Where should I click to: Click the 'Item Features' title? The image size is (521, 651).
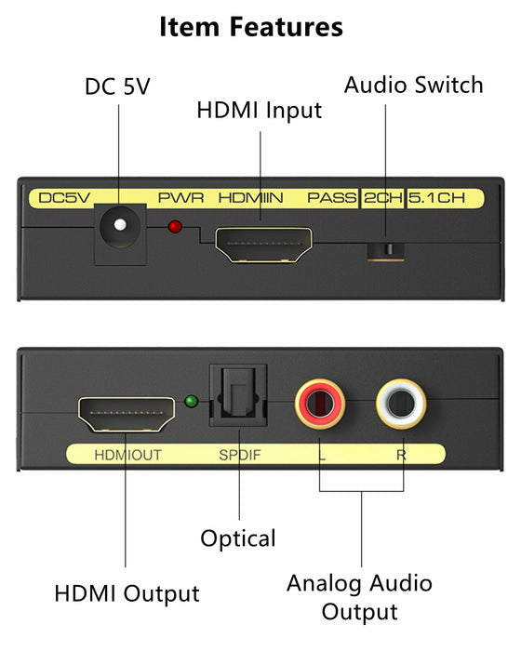[x=251, y=27]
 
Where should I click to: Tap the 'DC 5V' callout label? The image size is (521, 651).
[x=117, y=86]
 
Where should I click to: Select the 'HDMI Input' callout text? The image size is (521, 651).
[x=260, y=111]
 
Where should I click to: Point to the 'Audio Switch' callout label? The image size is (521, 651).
[x=413, y=86]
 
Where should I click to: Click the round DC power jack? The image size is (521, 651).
[x=120, y=225]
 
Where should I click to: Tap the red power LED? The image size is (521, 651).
[x=175, y=227]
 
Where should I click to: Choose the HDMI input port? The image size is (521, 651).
[x=263, y=245]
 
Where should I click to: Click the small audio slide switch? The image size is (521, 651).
[x=385, y=250]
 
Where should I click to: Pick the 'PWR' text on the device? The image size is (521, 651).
[x=180, y=198]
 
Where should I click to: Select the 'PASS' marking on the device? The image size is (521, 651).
[x=331, y=198]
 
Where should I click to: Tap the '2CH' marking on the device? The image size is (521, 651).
[x=383, y=198]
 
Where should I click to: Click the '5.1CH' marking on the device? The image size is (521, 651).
[x=436, y=198]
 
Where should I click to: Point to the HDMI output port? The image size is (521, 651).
[x=127, y=414]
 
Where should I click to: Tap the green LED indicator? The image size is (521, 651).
[x=191, y=402]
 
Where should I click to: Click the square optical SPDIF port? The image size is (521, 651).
[x=238, y=395]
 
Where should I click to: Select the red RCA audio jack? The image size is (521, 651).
[x=320, y=404]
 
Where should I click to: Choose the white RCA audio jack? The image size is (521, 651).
[x=401, y=404]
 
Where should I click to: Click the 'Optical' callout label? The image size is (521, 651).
[x=238, y=538]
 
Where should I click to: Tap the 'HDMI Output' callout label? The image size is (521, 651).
[x=127, y=593]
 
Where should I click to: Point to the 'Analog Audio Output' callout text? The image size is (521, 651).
[x=359, y=597]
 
